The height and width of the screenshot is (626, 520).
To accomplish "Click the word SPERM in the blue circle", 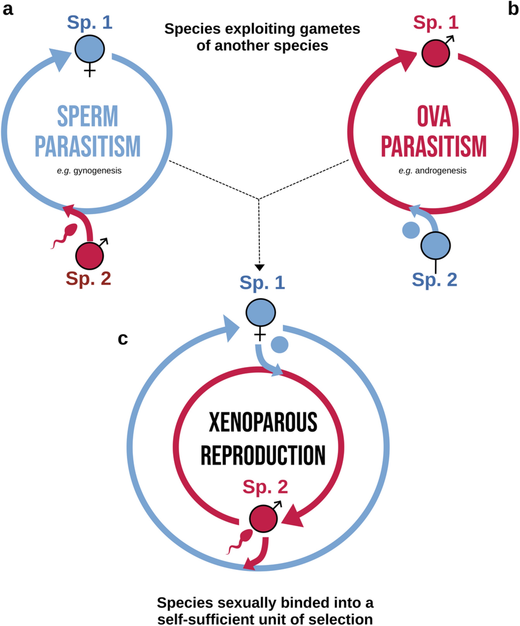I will tap(88, 117).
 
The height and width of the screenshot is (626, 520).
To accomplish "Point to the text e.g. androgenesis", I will tap(433, 171).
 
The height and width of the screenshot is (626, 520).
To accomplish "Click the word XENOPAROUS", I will tap(263, 423).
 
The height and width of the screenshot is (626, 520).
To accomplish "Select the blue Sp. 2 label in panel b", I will tap(434, 279).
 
